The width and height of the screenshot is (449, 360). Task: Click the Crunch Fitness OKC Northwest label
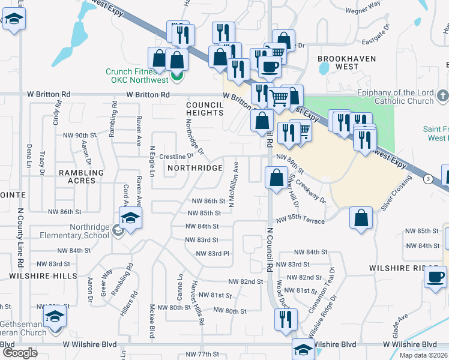[137, 76]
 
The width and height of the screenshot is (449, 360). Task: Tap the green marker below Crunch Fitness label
[176, 76]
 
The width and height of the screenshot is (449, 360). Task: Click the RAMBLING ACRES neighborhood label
[81, 176]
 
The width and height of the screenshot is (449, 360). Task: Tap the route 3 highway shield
[427, 179]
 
